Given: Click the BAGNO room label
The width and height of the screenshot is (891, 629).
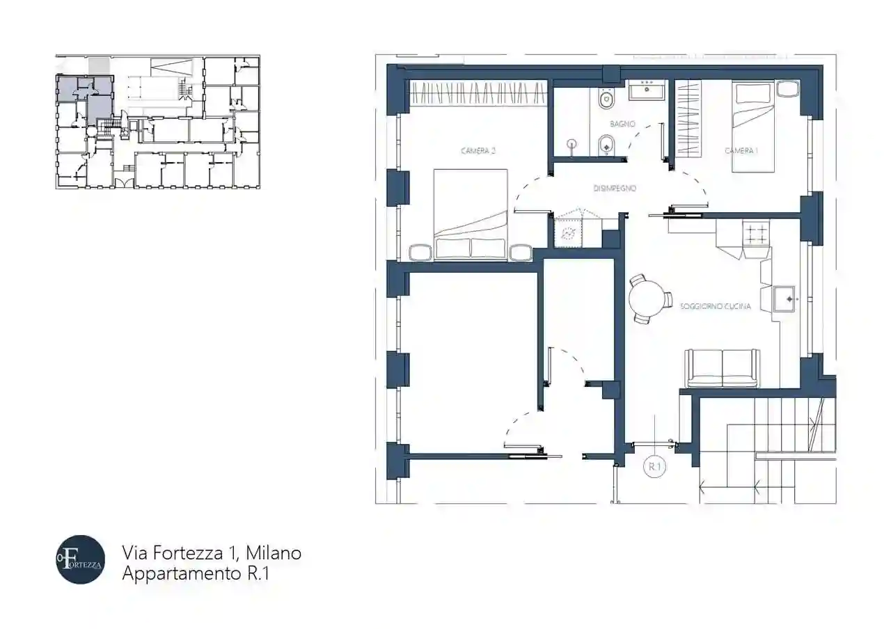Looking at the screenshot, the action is [622, 124].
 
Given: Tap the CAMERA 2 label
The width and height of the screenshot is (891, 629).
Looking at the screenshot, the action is [478, 151].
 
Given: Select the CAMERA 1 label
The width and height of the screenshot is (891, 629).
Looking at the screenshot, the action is [741, 151].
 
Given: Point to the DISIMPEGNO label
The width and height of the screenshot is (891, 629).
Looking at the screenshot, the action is [615, 189].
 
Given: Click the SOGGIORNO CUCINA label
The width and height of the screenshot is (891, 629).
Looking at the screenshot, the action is [715, 306].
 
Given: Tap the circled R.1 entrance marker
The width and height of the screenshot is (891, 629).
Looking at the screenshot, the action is [655, 467].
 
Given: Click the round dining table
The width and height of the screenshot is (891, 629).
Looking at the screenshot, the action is [647, 299].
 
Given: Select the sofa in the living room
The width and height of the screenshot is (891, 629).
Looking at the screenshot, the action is [722, 369].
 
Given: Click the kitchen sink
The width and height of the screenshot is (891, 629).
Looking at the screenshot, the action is [784, 298].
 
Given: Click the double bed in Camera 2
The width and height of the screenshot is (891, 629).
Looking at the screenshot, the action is [471, 215].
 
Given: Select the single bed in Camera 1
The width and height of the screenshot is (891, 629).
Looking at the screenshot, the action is [753, 127].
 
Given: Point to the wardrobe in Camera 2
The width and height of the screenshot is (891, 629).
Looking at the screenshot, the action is [478, 93].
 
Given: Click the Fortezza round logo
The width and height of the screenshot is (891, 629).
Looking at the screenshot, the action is [80, 559].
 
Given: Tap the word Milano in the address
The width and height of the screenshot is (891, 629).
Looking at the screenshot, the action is [274, 553].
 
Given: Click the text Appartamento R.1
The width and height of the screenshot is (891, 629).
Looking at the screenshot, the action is [196, 573].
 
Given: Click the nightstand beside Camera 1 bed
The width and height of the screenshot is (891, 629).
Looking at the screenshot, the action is [787, 88].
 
